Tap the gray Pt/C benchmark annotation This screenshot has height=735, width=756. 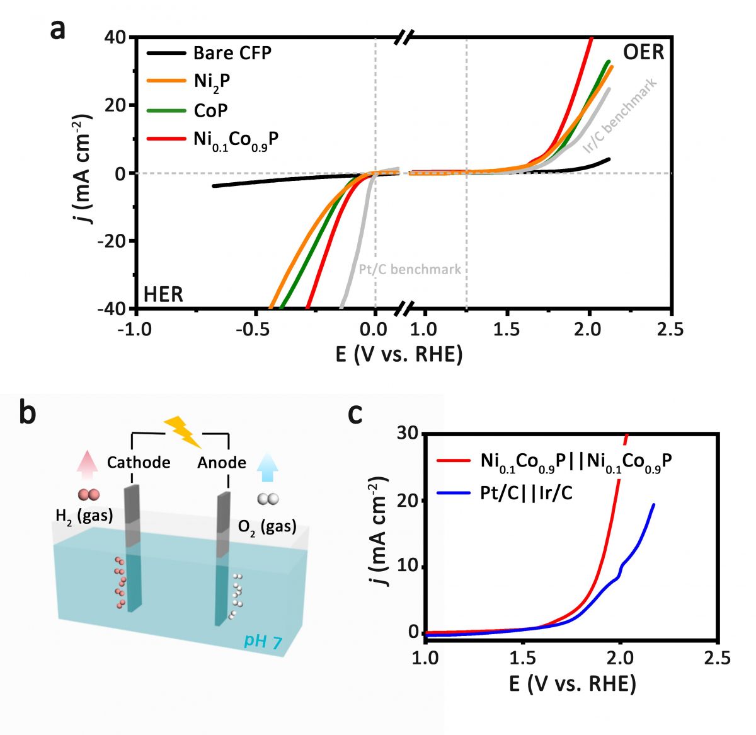(x=409, y=270)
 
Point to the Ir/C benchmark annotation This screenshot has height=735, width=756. (x=621, y=115)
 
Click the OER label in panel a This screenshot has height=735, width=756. (x=643, y=52)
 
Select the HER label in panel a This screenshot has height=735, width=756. (x=163, y=294)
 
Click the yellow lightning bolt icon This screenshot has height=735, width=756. (x=181, y=431)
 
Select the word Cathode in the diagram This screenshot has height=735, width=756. (x=139, y=463)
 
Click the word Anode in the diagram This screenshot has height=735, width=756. (x=222, y=463)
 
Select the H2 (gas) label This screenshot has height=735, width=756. (x=83, y=516)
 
